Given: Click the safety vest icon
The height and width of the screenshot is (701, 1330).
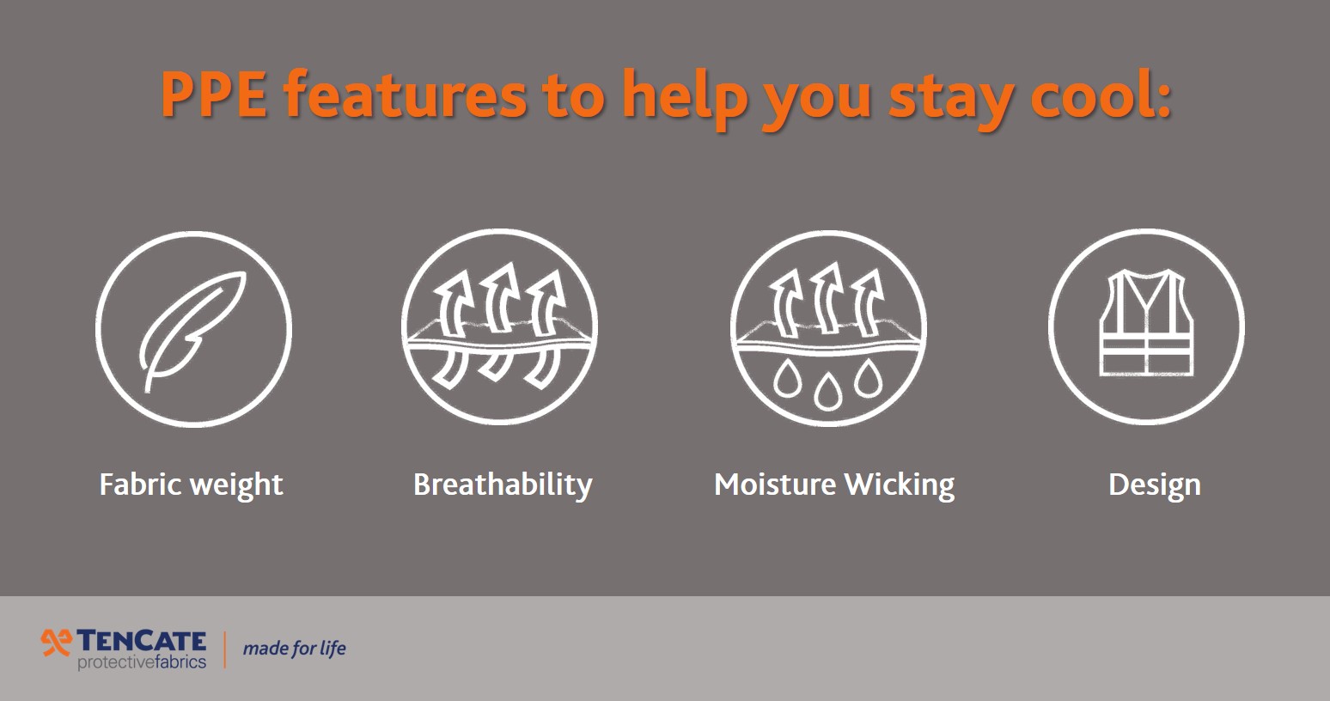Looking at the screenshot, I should pyautogui.click(x=1146, y=324).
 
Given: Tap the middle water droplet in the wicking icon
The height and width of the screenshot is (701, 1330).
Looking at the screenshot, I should pyautogui.click(x=828, y=391).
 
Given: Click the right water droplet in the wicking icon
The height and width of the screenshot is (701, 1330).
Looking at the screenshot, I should pyautogui.click(x=869, y=378).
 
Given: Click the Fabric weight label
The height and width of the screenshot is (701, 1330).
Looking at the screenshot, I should pyautogui.click(x=191, y=485).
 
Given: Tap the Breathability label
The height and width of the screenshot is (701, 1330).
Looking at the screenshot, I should pyautogui.click(x=503, y=485).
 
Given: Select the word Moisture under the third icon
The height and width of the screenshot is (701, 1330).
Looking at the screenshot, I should pyautogui.click(x=774, y=485).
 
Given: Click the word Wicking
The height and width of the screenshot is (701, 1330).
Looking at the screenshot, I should pyautogui.click(x=900, y=485).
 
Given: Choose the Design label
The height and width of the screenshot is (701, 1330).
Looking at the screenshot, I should pyautogui.click(x=1154, y=485).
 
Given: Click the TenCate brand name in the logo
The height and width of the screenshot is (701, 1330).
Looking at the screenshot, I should pyautogui.click(x=142, y=641).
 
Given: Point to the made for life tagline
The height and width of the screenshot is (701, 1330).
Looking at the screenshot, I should pyautogui.click(x=294, y=649).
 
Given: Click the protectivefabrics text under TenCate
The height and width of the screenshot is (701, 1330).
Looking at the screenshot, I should pyautogui.click(x=142, y=662).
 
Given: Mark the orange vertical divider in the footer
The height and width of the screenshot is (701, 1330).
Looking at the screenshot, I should pyautogui.click(x=225, y=649).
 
